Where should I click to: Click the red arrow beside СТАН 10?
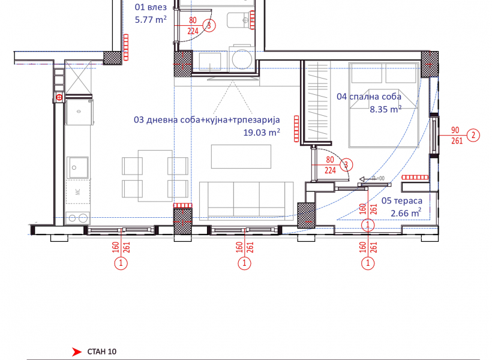(77, 352)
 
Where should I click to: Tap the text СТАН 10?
(101, 352)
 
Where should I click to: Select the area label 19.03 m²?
(262, 133)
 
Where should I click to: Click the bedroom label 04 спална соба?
(369, 97)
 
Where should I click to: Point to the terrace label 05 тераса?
(402, 200)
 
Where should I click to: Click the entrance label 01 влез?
(151, 7)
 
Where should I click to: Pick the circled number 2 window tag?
(473, 135)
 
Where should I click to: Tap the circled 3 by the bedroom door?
(346, 165)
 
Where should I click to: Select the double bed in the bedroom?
(384, 104)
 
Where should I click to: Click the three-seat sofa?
(247, 200)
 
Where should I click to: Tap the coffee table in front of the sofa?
(241, 157)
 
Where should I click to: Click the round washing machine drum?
(242, 59)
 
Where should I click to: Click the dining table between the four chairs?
(155, 175)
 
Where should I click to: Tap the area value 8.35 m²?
(386, 109)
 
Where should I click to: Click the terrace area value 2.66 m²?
(406, 213)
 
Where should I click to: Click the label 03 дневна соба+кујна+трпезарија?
(207, 119)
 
